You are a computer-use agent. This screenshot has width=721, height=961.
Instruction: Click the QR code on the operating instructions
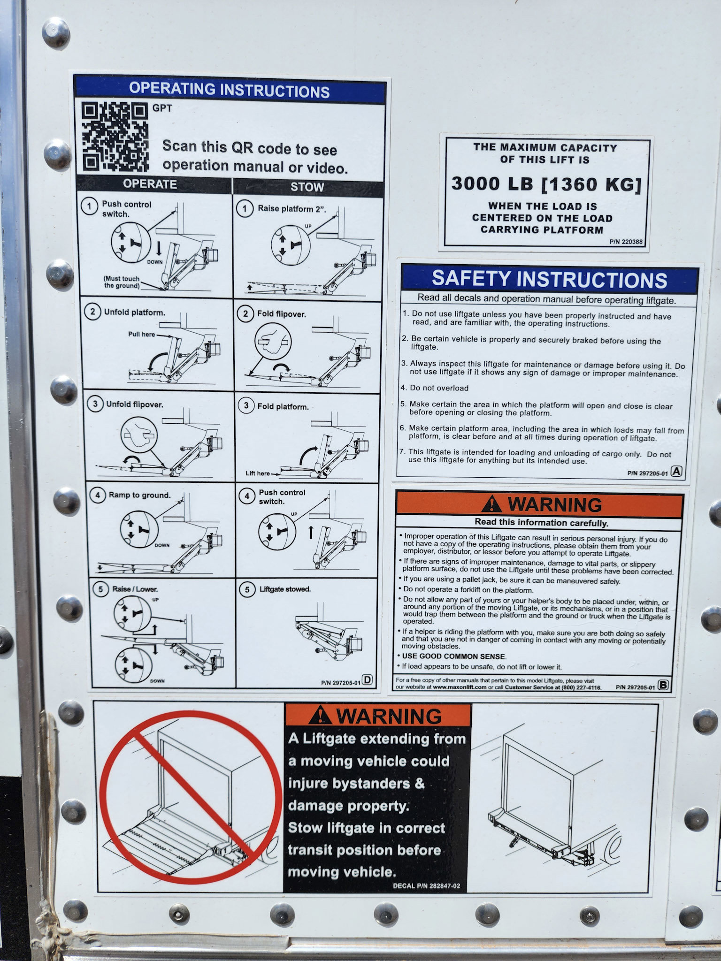click(115, 137)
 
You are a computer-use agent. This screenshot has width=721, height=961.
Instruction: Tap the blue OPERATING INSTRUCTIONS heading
click(230, 90)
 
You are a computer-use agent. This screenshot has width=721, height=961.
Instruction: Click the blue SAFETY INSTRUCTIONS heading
click(550, 279)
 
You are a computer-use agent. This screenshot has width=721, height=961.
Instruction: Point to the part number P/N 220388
click(626, 242)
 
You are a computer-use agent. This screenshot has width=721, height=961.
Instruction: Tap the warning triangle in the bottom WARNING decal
click(321, 716)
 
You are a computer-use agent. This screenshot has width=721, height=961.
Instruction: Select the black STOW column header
click(307, 187)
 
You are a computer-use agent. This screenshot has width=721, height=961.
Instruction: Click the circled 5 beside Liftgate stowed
click(247, 589)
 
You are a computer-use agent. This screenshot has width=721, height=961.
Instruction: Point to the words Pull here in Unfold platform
click(141, 335)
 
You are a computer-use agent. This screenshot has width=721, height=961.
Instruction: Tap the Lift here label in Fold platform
click(258, 473)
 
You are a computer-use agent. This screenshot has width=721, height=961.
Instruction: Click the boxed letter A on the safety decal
click(676, 472)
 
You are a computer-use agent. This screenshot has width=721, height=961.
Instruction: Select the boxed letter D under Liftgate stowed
click(367, 680)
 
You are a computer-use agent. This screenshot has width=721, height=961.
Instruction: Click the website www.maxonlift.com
click(460, 687)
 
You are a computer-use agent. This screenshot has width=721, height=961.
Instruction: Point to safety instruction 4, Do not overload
click(435, 388)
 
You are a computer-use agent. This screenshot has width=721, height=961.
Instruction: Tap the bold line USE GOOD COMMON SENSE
click(454, 656)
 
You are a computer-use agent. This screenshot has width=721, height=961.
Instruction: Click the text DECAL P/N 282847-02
click(426, 886)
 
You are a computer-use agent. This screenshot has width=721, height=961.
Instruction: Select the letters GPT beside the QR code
click(162, 108)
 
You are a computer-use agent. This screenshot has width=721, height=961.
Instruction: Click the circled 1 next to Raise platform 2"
click(245, 208)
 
